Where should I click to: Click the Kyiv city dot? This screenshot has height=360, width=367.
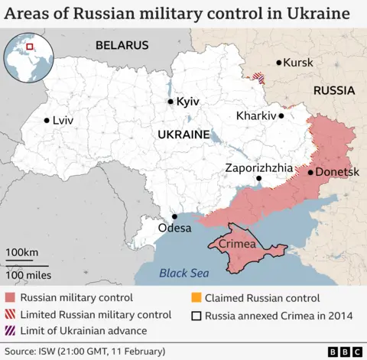pos(170,101)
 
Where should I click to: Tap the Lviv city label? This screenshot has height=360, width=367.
pos(63,120)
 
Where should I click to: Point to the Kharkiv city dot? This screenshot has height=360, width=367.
pos(281,116)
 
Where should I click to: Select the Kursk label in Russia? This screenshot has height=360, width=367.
pos(298,62)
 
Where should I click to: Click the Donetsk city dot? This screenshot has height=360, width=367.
pos(310,172)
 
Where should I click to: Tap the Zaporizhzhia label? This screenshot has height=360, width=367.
pos(258,167)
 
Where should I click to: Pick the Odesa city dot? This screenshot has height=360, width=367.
pos(174,216)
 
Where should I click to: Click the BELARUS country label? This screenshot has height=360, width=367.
pos(122,46)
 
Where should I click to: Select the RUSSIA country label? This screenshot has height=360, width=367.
pos(334,90)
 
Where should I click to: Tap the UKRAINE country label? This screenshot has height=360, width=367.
pos(183,134)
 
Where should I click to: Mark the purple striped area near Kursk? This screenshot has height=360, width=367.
pos(261,77)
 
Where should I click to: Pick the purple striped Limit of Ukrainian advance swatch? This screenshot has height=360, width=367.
pos(9,331)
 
